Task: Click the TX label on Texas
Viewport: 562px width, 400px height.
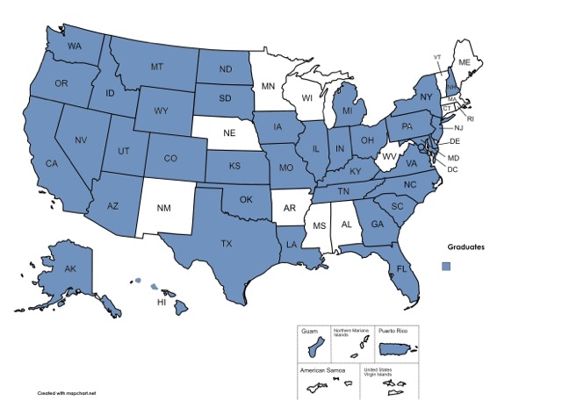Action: [x=226, y=243]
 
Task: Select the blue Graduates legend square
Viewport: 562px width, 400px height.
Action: [x=446, y=266]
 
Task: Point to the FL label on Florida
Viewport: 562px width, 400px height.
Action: [x=401, y=268]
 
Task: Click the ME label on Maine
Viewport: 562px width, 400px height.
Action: [x=465, y=64]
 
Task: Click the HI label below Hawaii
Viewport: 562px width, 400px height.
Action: [x=162, y=302]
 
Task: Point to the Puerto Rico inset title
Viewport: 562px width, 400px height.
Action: [x=391, y=331]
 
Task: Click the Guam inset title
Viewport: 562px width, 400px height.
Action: [x=309, y=331]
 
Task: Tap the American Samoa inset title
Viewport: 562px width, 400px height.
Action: [x=321, y=370]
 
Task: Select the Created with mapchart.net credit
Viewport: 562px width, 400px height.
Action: [x=66, y=393]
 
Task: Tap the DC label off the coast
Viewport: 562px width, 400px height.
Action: [x=453, y=168]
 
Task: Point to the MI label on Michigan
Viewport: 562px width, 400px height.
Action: [x=348, y=111]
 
